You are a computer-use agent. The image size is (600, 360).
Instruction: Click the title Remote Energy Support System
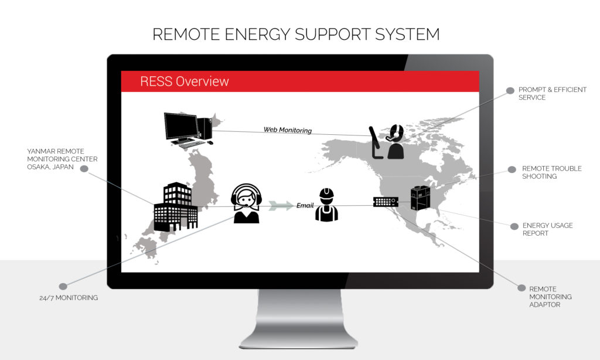[296, 34]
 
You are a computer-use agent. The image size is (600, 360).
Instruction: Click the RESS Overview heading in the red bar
[185, 81]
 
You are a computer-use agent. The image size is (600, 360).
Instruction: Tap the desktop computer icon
[187, 129]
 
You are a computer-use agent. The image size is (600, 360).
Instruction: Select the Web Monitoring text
[287, 130]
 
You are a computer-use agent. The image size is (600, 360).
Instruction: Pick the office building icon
[175, 206]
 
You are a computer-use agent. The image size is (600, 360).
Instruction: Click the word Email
[305, 205]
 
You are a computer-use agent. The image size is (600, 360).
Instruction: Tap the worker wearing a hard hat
[326, 205]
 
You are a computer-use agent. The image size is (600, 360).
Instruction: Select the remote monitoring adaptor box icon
[386, 202]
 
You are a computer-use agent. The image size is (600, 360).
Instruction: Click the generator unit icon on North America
[420, 198]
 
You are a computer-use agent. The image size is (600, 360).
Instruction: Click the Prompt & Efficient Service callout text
[552, 94]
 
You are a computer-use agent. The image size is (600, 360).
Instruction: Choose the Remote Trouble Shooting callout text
[551, 172]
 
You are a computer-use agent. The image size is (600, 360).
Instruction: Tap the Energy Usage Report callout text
[547, 229]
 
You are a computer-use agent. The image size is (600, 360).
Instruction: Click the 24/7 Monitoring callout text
[64, 298]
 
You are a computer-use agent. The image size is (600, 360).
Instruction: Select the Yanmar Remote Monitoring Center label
[62, 159]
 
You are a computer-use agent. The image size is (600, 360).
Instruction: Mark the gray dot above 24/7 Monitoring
[63, 286]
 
